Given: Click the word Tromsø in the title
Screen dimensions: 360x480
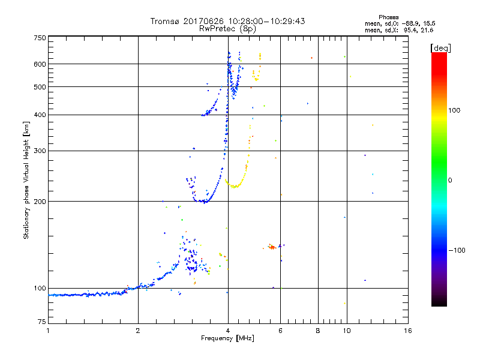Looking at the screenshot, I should pyautogui.click(x=164, y=21).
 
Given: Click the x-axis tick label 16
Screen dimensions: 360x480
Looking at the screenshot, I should pyautogui.click(x=407, y=331).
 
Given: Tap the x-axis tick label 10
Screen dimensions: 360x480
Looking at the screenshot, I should pyautogui.click(x=346, y=331).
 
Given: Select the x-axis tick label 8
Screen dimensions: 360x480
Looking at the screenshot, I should pyautogui.click(x=318, y=331).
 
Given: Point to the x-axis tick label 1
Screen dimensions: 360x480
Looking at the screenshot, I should pyautogui.click(x=48, y=331).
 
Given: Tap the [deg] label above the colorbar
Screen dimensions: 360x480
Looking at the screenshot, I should pyautogui.click(x=440, y=47).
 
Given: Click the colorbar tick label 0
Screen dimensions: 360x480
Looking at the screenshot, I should pyautogui.click(x=451, y=180).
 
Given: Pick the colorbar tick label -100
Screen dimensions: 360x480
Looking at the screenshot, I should pyautogui.click(x=457, y=250).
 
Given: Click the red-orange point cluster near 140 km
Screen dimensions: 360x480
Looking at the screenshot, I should pyautogui.click(x=271, y=247).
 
